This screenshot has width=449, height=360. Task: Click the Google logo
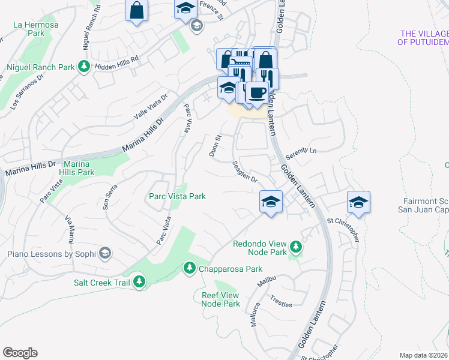(x=20, y=353)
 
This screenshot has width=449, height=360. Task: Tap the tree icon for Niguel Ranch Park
(x=85, y=67)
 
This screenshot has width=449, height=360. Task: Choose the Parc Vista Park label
(x=177, y=196)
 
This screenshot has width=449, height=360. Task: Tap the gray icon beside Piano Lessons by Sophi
(x=105, y=253)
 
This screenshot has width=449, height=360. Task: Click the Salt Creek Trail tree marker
(x=139, y=281)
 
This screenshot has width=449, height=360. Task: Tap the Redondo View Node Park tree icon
(x=295, y=247)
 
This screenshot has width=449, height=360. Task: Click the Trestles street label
(x=281, y=301)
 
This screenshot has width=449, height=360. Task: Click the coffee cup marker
(x=257, y=93)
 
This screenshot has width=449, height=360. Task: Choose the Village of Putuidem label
(x=423, y=38)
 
